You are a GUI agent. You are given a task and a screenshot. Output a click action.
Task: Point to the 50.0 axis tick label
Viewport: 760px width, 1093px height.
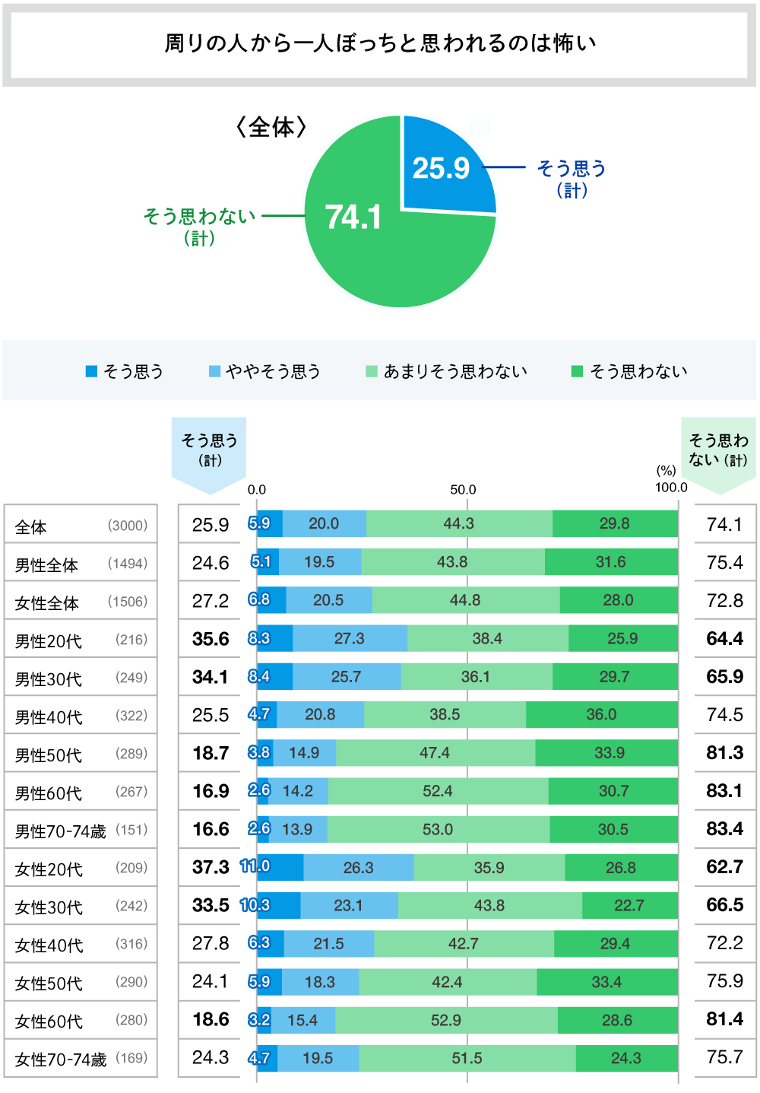click(463, 490)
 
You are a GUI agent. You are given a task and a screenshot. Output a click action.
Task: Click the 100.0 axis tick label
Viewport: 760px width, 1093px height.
click(671, 488)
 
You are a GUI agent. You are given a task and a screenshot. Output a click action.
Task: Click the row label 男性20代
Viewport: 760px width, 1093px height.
click(49, 641)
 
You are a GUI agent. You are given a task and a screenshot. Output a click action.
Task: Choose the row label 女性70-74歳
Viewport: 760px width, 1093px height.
click(61, 1060)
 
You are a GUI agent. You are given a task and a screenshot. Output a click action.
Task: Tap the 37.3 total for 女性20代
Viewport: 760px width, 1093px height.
click(211, 867)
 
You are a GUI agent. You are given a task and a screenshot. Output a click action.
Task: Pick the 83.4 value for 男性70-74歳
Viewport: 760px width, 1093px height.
click(724, 829)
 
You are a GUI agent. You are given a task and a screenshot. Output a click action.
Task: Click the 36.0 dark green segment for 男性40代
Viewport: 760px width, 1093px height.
click(601, 715)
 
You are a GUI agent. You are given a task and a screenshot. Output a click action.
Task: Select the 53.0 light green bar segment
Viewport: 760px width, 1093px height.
click(438, 829)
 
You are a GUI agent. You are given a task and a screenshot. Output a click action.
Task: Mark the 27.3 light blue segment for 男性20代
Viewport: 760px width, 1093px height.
click(350, 639)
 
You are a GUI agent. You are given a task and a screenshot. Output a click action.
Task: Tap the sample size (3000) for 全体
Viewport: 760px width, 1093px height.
click(128, 526)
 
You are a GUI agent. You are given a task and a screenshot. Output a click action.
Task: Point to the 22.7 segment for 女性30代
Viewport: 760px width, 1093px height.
click(629, 905)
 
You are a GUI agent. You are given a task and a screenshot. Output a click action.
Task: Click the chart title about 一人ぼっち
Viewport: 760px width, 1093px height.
click(380, 43)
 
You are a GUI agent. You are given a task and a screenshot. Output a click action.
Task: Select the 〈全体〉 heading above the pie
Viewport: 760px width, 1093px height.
click(271, 127)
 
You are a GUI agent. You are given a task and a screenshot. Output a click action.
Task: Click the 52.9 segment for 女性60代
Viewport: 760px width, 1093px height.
click(446, 1020)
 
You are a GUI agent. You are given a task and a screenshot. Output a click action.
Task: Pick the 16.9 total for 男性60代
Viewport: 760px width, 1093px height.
click(211, 791)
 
